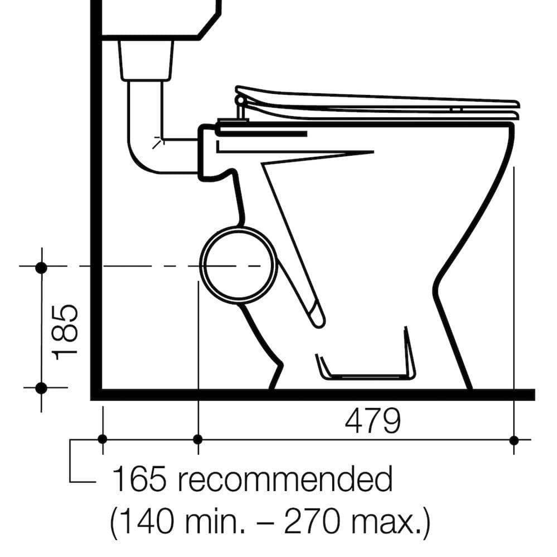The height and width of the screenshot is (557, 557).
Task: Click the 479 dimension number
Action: [372, 422]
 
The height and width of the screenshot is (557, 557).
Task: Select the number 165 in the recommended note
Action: [139, 480]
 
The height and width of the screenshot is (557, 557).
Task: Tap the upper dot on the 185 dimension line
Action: [41, 267]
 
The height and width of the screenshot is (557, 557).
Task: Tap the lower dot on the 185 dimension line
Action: [41, 387]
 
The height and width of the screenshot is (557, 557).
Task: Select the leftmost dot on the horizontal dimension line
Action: [102, 439]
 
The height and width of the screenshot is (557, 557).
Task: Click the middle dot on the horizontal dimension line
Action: [198, 439]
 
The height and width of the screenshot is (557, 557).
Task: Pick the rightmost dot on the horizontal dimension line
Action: [514, 439]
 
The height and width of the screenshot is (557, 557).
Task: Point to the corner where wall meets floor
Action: [96, 395]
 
